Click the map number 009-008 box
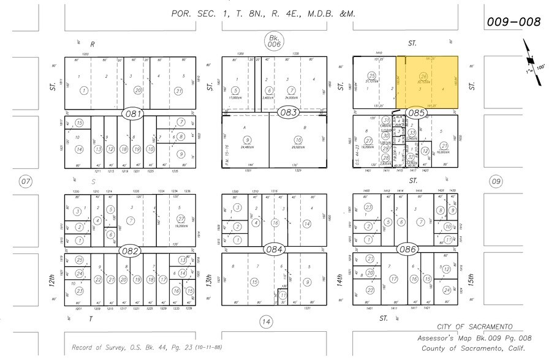click(513, 22)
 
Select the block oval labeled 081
click(132, 113)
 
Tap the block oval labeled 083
click(288, 113)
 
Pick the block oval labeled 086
click(407, 250)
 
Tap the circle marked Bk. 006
click(273, 41)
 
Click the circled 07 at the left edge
click(25, 181)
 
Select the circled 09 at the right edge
click(496, 181)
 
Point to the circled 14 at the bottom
click(265, 321)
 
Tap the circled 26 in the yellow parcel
click(423, 76)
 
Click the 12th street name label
click(53, 282)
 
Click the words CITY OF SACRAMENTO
click(475, 328)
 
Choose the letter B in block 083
click(305, 127)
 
